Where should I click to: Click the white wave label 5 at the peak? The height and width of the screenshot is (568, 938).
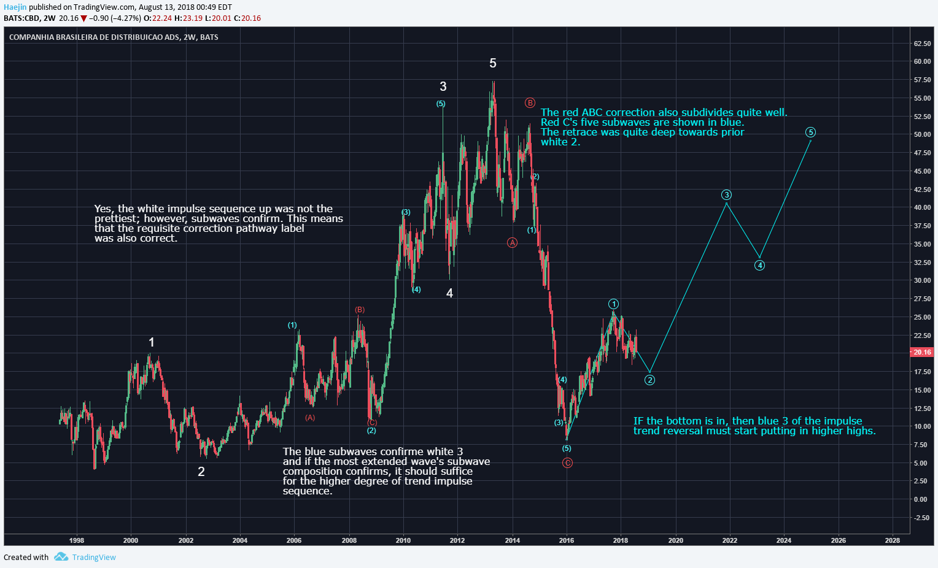tap(493, 63)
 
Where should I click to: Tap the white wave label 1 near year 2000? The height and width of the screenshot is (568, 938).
tap(152, 342)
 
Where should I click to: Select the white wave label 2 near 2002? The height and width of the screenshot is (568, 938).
tap(201, 472)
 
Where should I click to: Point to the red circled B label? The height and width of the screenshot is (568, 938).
tap(530, 102)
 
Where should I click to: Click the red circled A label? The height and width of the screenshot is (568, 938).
tap(512, 242)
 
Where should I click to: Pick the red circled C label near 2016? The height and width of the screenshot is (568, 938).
tap(567, 462)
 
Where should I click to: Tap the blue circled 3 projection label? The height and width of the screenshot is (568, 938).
tap(727, 194)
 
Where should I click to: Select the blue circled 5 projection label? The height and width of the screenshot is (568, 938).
tap(810, 132)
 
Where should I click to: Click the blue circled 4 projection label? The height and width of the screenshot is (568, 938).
tap(759, 265)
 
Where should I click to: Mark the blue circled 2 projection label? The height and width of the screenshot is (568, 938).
tap(649, 380)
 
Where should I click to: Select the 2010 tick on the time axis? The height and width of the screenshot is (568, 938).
tap(403, 540)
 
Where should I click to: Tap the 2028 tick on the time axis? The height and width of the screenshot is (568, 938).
tap(893, 540)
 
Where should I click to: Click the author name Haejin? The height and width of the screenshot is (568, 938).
tap(15, 7)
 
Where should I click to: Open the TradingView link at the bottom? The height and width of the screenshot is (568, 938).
tap(94, 557)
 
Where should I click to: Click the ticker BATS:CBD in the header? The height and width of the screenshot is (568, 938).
tap(21, 18)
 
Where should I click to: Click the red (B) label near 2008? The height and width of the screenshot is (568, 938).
tap(360, 310)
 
